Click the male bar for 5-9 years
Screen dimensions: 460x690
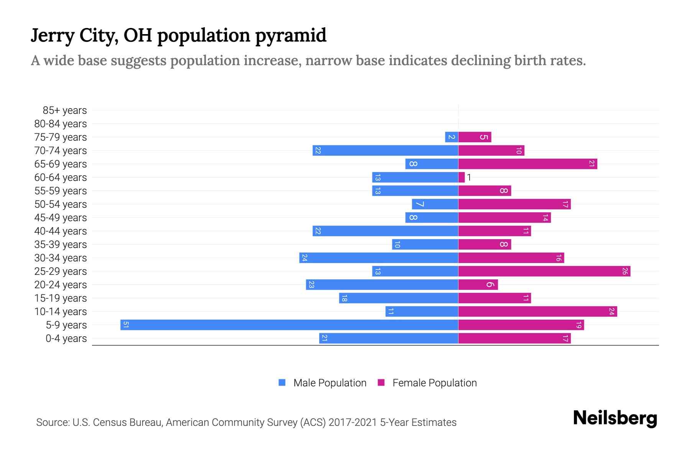pos(289,325)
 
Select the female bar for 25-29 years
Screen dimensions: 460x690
pos(544,271)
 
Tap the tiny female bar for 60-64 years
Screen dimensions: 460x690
pos(462,177)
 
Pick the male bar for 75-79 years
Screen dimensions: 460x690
pos(452,137)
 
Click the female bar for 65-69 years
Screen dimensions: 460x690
pos(527,164)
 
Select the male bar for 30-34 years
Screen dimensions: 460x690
pos(379,258)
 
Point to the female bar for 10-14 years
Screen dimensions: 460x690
pos(537,312)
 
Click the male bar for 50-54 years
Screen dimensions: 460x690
pos(435,204)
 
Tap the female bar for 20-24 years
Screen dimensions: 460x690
pos(478,285)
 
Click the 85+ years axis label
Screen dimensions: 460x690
pos(65,110)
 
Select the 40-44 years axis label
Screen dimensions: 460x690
pos(61,231)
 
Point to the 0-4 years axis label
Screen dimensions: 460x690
pos(66,338)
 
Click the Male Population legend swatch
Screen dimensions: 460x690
pos(282,383)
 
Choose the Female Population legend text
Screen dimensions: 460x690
pos(434,383)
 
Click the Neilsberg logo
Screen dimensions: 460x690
pos(615,418)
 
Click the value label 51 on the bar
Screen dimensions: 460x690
pos(126,325)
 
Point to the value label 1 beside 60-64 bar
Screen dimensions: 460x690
pos(469,177)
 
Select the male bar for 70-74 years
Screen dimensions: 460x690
pos(385,151)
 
